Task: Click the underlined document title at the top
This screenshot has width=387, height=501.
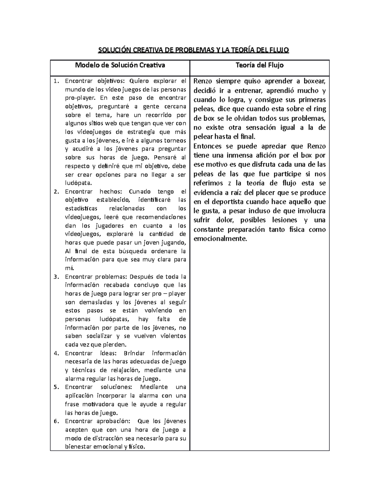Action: pos(193,50)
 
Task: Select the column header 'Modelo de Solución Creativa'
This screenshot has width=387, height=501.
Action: pos(120,65)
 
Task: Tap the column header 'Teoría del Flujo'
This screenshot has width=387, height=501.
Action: pos(260,65)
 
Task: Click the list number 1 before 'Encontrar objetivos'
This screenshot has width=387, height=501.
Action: pos(56,81)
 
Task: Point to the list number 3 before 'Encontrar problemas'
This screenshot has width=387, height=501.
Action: pos(56,277)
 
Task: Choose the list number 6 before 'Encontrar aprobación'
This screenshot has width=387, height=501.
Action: pos(56,421)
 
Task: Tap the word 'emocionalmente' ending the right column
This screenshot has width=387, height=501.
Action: pos(220,239)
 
